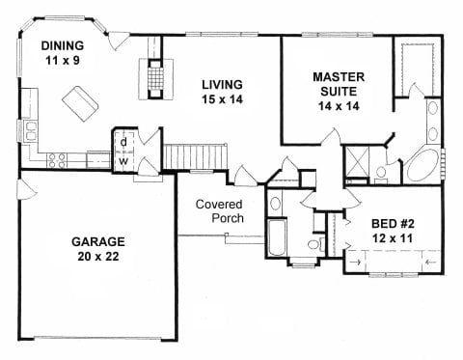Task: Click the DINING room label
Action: [63, 45]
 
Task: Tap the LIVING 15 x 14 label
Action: [222, 92]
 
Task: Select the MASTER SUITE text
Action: [339, 84]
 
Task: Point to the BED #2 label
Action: [393, 224]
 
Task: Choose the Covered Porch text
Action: [220, 211]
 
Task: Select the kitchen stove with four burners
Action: [57, 160]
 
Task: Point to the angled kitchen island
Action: [80, 103]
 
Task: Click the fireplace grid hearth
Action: [155, 77]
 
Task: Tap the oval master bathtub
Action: [422, 166]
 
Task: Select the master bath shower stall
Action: [357, 161]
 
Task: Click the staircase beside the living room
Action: [195, 156]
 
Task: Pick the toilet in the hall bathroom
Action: [316, 245]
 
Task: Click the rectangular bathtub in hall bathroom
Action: [276, 238]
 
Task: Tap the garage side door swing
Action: [28, 190]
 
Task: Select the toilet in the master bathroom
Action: [382, 175]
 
